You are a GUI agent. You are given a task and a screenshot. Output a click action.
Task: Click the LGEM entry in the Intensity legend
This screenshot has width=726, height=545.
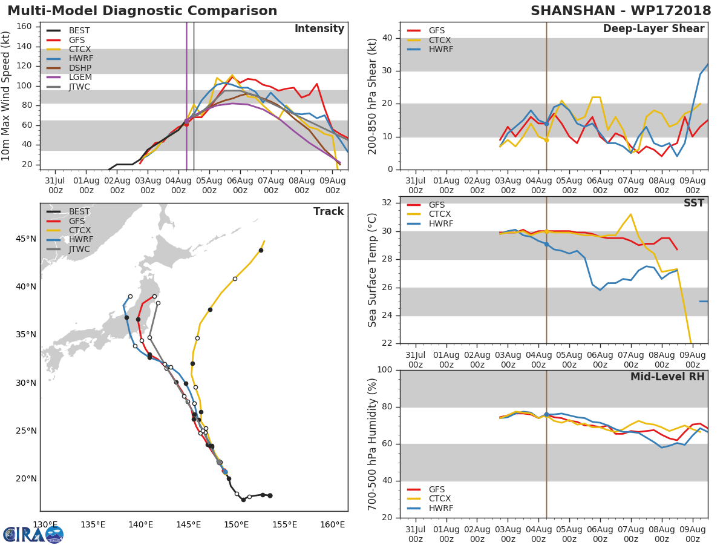pyautogui.click(x=80, y=78)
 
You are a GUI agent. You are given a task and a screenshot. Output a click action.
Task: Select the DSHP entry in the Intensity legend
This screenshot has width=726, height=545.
pyautogui.click(x=80, y=68)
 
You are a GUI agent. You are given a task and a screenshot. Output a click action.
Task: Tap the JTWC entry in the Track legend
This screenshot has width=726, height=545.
pyautogui.click(x=79, y=249)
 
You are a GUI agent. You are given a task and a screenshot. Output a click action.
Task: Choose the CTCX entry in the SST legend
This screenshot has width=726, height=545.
pyautogui.click(x=440, y=214)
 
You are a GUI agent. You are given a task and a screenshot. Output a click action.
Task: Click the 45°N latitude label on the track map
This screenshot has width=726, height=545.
pyautogui.click(x=25, y=239)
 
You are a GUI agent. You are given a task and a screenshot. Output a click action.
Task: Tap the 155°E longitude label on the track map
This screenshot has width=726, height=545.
pyautogui.click(x=284, y=524)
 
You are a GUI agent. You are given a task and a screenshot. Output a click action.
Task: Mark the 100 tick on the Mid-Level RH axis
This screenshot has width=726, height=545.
pyautogui.click(x=385, y=370)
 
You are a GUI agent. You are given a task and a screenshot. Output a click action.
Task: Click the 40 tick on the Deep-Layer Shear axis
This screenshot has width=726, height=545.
pyautogui.click(x=388, y=38)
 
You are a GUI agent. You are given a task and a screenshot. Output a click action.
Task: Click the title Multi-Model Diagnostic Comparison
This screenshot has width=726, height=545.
pyautogui.click(x=142, y=11)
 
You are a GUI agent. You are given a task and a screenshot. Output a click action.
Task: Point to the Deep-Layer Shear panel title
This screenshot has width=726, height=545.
pyautogui.click(x=653, y=29)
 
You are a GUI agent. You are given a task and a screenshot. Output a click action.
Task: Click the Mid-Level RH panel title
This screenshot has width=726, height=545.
pyautogui.click(x=667, y=377)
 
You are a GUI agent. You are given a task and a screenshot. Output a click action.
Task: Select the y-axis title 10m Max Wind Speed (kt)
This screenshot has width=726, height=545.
pyautogui.click(x=7, y=97)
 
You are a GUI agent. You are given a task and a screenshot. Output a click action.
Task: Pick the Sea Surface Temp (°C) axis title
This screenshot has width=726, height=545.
pyautogui.click(x=373, y=270)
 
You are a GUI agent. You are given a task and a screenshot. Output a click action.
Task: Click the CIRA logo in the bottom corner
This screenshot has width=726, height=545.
pyautogui.click(x=33, y=534)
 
